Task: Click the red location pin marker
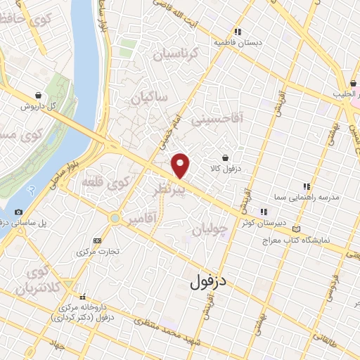181,165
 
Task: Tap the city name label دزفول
210,281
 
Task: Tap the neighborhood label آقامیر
141,221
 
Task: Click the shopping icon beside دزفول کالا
224,157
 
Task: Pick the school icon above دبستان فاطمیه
238,32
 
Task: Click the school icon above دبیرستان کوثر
264,211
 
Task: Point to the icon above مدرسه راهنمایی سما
306,186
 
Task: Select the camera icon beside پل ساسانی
18,212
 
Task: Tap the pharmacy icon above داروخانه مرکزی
82,297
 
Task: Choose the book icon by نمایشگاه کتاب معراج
302,230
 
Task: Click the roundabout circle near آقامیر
115,219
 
